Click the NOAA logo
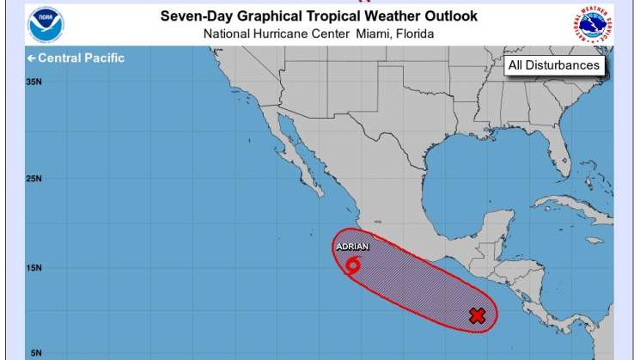click(45, 25)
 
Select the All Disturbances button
click(554, 65)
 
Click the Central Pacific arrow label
click(76, 58)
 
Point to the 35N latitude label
click(34, 82)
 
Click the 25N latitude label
click(34, 179)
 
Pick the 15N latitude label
click(34, 267)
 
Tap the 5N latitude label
click(34, 352)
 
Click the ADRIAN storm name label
click(352, 247)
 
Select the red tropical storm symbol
click(353, 264)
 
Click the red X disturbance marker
click(478, 315)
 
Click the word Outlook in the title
click(446, 17)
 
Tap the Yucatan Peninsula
click(486, 219)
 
